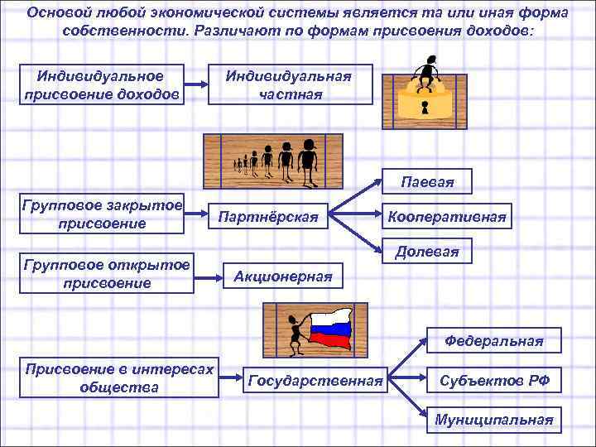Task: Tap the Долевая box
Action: pos(427,251)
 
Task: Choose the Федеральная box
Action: pos(493,340)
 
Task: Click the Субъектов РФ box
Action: pos(493,381)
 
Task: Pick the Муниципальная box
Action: pos(493,420)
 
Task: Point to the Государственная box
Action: pos(315,381)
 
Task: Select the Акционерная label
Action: pos(283,276)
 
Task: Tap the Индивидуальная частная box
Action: pos(290,84)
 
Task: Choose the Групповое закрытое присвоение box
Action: pos(103,214)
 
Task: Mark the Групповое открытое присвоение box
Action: pos(108,274)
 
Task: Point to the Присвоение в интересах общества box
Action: pos(120,377)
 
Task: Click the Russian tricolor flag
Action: pos(331,328)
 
